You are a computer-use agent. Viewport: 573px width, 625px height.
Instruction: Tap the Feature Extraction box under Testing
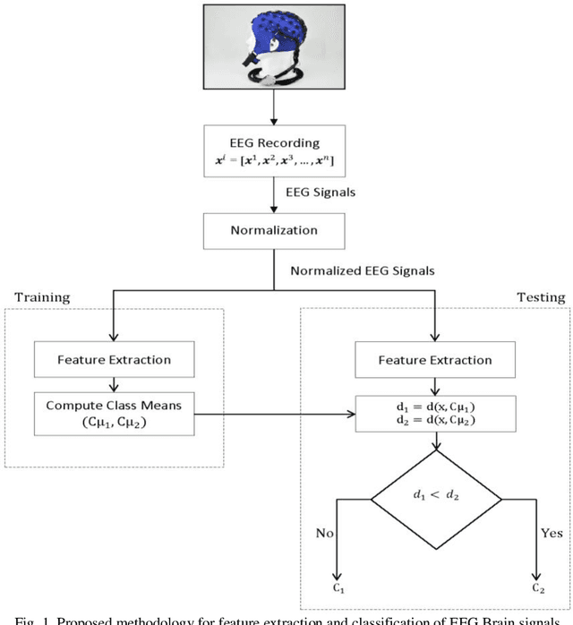click(434, 360)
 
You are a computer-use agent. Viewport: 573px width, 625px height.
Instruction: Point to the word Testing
click(540, 296)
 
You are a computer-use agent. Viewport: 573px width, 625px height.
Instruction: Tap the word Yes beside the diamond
click(552, 534)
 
